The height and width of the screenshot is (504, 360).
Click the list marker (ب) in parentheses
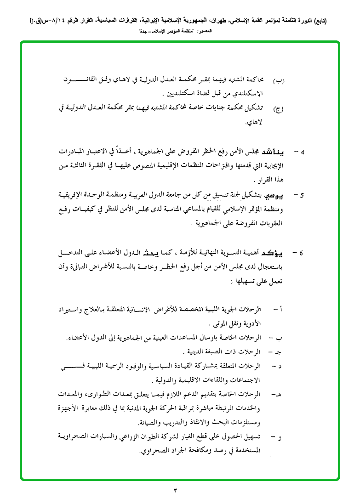click(279, 81)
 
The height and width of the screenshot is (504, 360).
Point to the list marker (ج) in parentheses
click(279, 109)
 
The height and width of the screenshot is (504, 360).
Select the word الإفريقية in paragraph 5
click(74, 195)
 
